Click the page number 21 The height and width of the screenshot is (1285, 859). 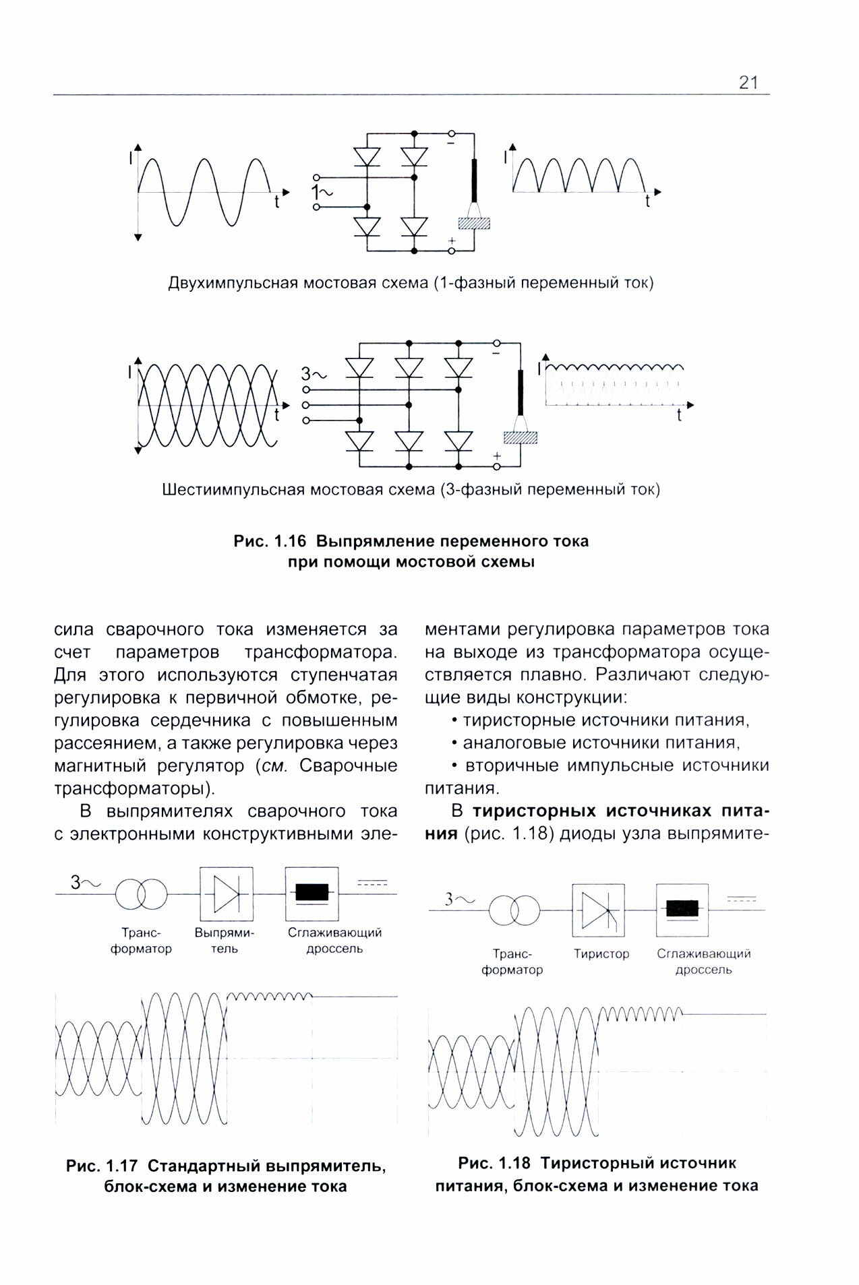(748, 83)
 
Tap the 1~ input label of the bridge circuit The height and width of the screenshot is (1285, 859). (322, 193)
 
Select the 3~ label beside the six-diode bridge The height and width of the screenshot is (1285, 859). (313, 374)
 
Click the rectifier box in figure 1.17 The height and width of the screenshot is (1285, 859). (226, 894)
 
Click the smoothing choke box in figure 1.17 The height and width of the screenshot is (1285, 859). (312, 894)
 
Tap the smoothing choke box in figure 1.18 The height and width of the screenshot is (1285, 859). (682, 910)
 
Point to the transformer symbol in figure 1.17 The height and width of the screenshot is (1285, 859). (140, 894)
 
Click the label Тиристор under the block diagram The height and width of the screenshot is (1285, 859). (601, 954)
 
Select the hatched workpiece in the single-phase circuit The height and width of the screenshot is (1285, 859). (474, 222)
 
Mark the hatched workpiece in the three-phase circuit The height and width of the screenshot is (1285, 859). (521, 437)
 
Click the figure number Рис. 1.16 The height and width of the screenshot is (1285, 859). (270, 541)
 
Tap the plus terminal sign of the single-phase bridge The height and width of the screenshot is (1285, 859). (452, 241)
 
